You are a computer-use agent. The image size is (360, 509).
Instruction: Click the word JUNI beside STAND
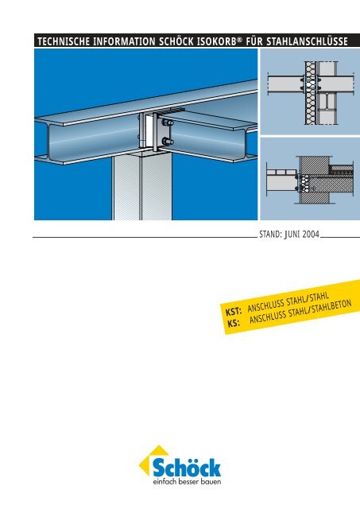(280, 236)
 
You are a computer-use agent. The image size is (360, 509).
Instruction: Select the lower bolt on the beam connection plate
(168, 142)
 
